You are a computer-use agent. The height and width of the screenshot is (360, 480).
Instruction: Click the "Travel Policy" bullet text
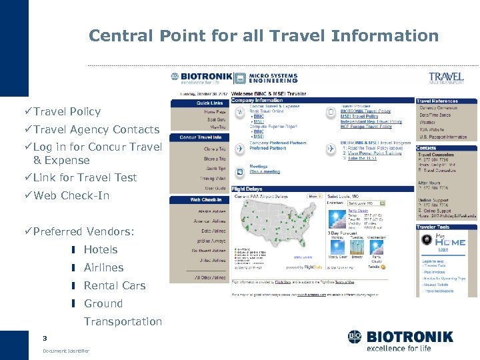[67, 111]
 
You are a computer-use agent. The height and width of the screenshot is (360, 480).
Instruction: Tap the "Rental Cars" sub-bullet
[114, 285]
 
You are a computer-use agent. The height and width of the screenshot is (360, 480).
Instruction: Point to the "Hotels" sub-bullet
[100, 249]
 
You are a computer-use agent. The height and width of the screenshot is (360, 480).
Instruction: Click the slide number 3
[45, 337]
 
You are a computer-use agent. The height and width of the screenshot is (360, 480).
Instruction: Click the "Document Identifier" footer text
[65, 351]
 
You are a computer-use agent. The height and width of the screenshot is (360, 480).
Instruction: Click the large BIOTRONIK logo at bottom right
[400, 341]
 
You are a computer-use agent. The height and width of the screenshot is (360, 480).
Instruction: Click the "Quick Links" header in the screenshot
[209, 103]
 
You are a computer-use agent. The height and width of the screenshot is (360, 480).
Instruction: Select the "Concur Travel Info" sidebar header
[201, 137]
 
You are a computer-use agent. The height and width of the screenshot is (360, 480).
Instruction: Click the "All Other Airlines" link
[210, 277]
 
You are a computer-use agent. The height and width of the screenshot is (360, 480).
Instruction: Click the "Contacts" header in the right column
[427, 148]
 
